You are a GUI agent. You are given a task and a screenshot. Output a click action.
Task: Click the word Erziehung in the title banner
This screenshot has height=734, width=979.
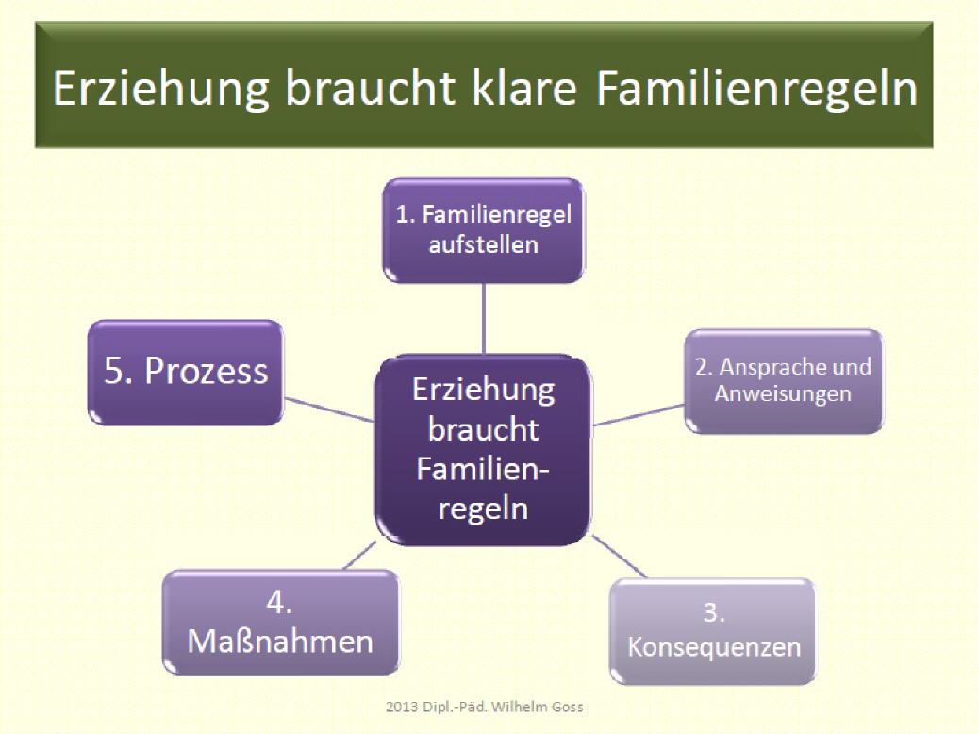click(161, 89)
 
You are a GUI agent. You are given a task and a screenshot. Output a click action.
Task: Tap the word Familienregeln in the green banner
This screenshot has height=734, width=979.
click(757, 89)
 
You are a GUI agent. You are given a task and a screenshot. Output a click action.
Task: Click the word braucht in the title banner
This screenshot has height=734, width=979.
click(371, 88)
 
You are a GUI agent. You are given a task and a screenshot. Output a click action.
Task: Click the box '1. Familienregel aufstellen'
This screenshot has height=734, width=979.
click(484, 230)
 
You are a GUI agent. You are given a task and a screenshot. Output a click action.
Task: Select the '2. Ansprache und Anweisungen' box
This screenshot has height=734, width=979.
click(784, 381)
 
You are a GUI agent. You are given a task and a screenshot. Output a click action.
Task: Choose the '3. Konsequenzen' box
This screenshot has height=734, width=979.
click(712, 631)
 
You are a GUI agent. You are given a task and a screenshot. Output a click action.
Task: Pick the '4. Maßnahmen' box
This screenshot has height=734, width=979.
click(280, 622)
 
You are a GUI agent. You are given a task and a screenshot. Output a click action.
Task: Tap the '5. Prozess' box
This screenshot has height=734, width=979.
click(186, 373)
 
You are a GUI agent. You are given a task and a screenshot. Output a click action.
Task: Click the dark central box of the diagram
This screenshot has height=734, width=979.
click(483, 450)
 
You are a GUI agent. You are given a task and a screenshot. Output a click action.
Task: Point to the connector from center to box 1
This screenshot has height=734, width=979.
click(484, 319)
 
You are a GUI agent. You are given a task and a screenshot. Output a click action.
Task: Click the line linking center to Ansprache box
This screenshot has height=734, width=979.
click(639, 415)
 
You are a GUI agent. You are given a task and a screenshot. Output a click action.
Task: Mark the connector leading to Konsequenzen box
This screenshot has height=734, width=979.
click(619, 556)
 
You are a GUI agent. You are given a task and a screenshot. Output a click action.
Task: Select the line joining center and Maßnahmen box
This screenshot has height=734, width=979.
click(360, 556)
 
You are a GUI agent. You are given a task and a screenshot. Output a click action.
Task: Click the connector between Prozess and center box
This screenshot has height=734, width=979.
click(329, 409)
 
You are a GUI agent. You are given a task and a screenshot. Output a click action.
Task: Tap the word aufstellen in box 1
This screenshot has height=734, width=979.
click(483, 244)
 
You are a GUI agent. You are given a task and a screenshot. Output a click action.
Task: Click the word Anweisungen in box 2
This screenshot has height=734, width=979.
click(783, 394)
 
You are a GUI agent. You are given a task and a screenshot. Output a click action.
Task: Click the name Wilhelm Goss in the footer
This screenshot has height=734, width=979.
click(537, 708)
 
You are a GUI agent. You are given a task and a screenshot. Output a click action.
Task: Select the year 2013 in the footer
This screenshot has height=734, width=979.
click(402, 708)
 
